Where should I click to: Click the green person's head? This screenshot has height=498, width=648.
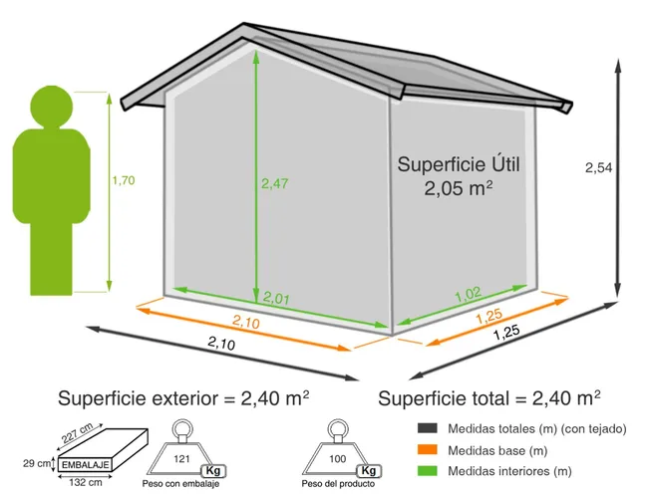pyautogui.click(x=49, y=107)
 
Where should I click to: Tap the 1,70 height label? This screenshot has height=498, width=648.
pyautogui.click(x=124, y=180)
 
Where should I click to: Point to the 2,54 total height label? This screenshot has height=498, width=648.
pyautogui.click(x=598, y=167)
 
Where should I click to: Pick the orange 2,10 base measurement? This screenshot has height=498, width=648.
pyautogui.click(x=247, y=321)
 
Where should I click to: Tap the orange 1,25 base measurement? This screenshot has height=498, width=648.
pyautogui.click(x=488, y=317)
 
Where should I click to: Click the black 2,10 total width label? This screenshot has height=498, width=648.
pyautogui.click(x=221, y=345)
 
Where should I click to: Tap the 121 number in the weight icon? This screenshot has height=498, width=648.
pyautogui.click(x=180, y=458)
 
